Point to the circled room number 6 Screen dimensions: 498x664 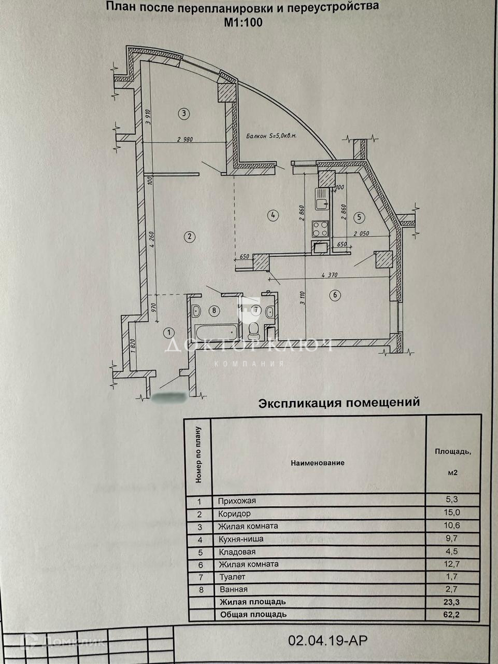tap(335, 295)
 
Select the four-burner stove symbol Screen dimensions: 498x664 tap(320, 228)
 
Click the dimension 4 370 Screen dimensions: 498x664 tap(330, 275)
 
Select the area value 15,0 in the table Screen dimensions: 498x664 tap(452, 513)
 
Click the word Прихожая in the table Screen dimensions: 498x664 tap(237, 501)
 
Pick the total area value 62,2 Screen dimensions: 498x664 tap(452, 614)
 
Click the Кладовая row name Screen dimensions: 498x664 tap(237, 551)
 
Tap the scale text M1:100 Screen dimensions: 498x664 tap(243, 22)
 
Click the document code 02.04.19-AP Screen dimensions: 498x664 tap(328, 641)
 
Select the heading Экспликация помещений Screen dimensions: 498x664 tap(338, 403)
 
